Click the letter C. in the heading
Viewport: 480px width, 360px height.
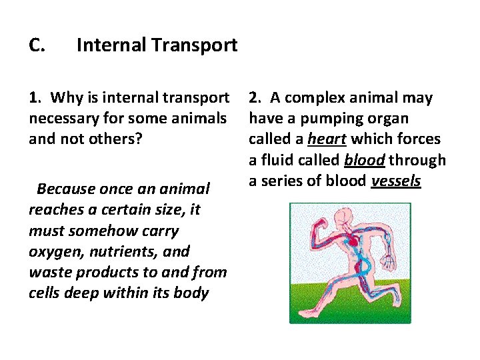coord(37,45)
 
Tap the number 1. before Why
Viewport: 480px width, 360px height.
coord(36,98)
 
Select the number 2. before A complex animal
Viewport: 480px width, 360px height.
coord(255,98)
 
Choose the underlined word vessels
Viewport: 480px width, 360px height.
coord(395,181)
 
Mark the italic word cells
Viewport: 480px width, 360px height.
coord(46,293)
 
